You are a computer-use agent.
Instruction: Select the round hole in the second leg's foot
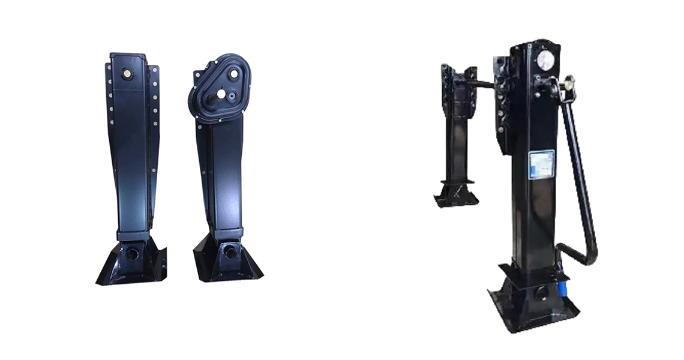pyautogui.click(x=230, y=253)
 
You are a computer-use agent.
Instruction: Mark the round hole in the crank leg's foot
pyautogui.click(x=542, y=294)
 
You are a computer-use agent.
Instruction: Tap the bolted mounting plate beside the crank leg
pyautogui.click(x=503, y=102)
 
